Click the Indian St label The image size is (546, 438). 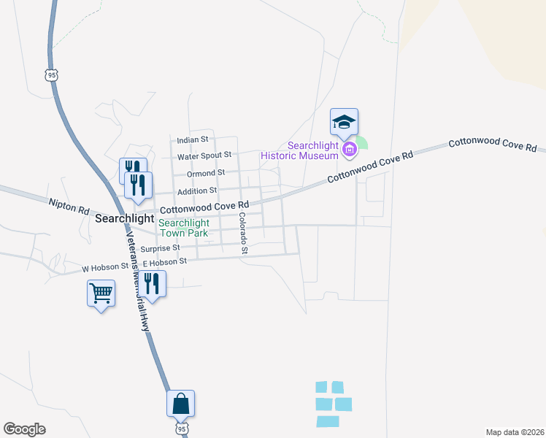[193, 139]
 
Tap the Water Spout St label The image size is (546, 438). [204, 155]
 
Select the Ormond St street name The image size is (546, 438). [205, 173]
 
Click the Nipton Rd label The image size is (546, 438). [69, 206]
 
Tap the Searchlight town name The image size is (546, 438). [125, 218]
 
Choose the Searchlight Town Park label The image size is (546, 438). [184, 228]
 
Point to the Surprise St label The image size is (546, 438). [160, 248]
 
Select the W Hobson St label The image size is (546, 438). [105, 267]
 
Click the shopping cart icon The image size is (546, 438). [101, 293]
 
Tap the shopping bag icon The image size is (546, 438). [181, 403]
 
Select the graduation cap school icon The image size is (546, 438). [344, 122]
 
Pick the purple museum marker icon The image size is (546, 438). [349, 150]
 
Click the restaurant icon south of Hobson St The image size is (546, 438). [153, 283]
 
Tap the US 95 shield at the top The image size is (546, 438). [50, 74]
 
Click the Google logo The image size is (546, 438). [24, 429]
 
